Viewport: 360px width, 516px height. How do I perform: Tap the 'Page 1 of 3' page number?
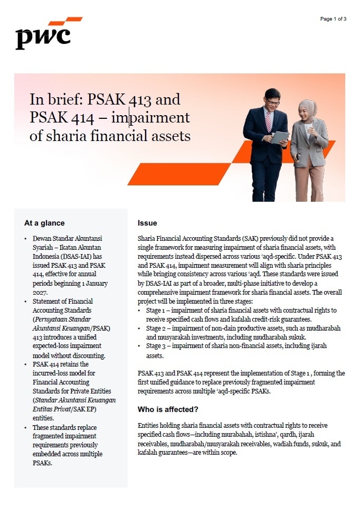point(333,19)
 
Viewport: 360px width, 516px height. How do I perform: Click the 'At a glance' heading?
point(44,223)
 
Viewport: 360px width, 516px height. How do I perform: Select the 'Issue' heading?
point(147,223)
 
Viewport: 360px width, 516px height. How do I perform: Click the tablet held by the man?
point(280,137)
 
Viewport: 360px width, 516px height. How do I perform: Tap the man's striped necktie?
point(269,122)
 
